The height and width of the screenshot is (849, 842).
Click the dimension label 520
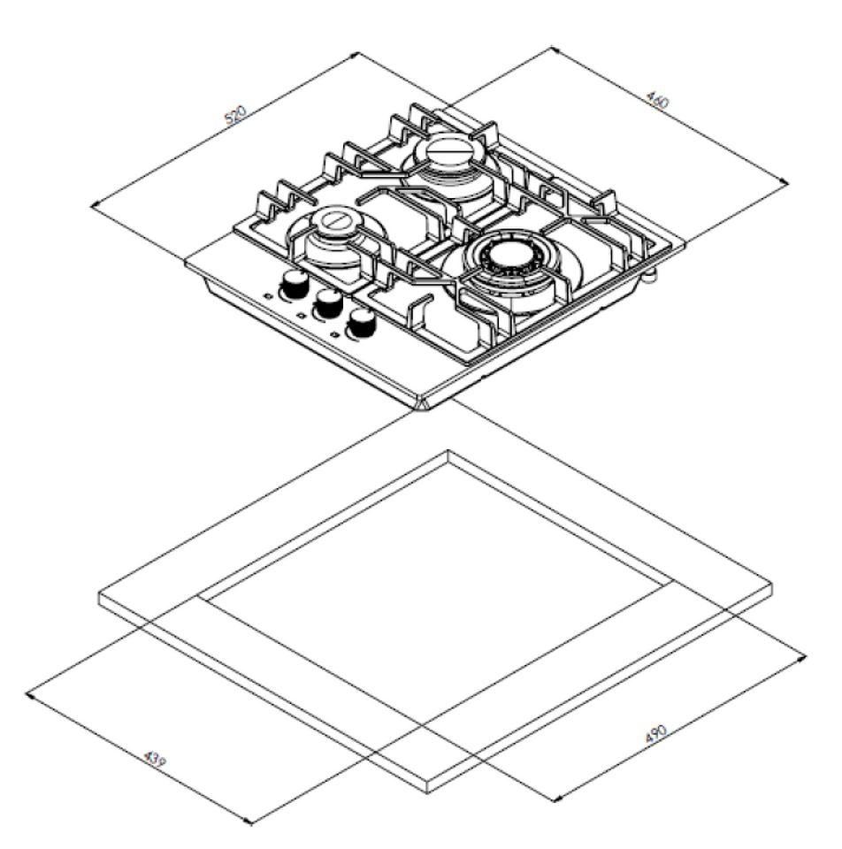coord(235,114)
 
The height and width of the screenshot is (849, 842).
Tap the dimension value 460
coord(658,100)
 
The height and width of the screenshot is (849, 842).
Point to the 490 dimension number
coord(655,734)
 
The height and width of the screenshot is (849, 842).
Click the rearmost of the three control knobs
coord(294,284)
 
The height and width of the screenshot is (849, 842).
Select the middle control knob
coord(329,303)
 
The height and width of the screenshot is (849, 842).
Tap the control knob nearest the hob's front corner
coord(362,323)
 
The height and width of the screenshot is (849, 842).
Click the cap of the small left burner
coord(336,220)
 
